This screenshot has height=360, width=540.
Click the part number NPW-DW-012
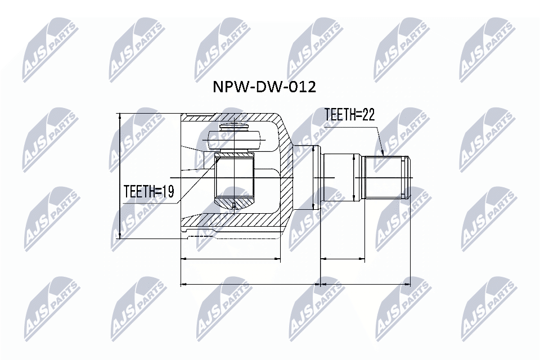263,87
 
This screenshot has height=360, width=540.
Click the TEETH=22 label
349,115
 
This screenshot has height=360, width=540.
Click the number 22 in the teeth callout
368,115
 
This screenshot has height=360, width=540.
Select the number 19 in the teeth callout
167,192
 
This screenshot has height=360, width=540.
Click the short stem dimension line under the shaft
343,260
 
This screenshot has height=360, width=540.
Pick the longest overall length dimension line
295,284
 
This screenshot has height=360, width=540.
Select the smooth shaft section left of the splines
340,178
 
